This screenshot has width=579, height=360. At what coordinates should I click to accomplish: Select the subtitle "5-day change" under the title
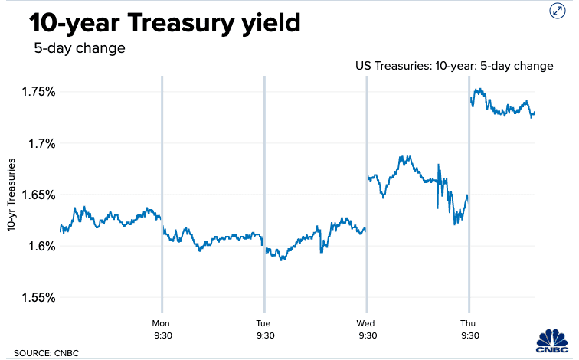tap(79, 49)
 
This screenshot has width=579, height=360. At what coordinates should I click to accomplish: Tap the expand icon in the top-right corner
tap(557, 11)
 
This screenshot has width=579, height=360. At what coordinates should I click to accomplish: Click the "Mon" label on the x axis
tap(161, 322)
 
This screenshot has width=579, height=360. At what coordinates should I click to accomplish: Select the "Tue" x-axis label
tap(263, 322)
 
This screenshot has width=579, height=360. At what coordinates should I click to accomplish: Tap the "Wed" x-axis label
tap(366, 322)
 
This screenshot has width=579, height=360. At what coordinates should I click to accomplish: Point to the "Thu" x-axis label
tap(469, 322)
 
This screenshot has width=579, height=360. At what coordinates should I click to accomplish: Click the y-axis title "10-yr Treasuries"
tap(12, 195)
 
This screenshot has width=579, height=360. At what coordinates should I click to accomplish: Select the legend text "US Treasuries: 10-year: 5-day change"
tap(454, 66)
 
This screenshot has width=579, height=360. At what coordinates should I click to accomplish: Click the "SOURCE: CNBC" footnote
tap(45, 353)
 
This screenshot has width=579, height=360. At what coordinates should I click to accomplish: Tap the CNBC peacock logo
tap(554, 341)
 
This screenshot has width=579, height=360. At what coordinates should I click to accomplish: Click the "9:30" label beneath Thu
tap(469, 335)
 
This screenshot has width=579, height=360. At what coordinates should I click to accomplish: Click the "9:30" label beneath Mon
tap(161, 335)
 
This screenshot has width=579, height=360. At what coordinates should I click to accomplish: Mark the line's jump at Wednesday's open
tap(367, 203)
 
